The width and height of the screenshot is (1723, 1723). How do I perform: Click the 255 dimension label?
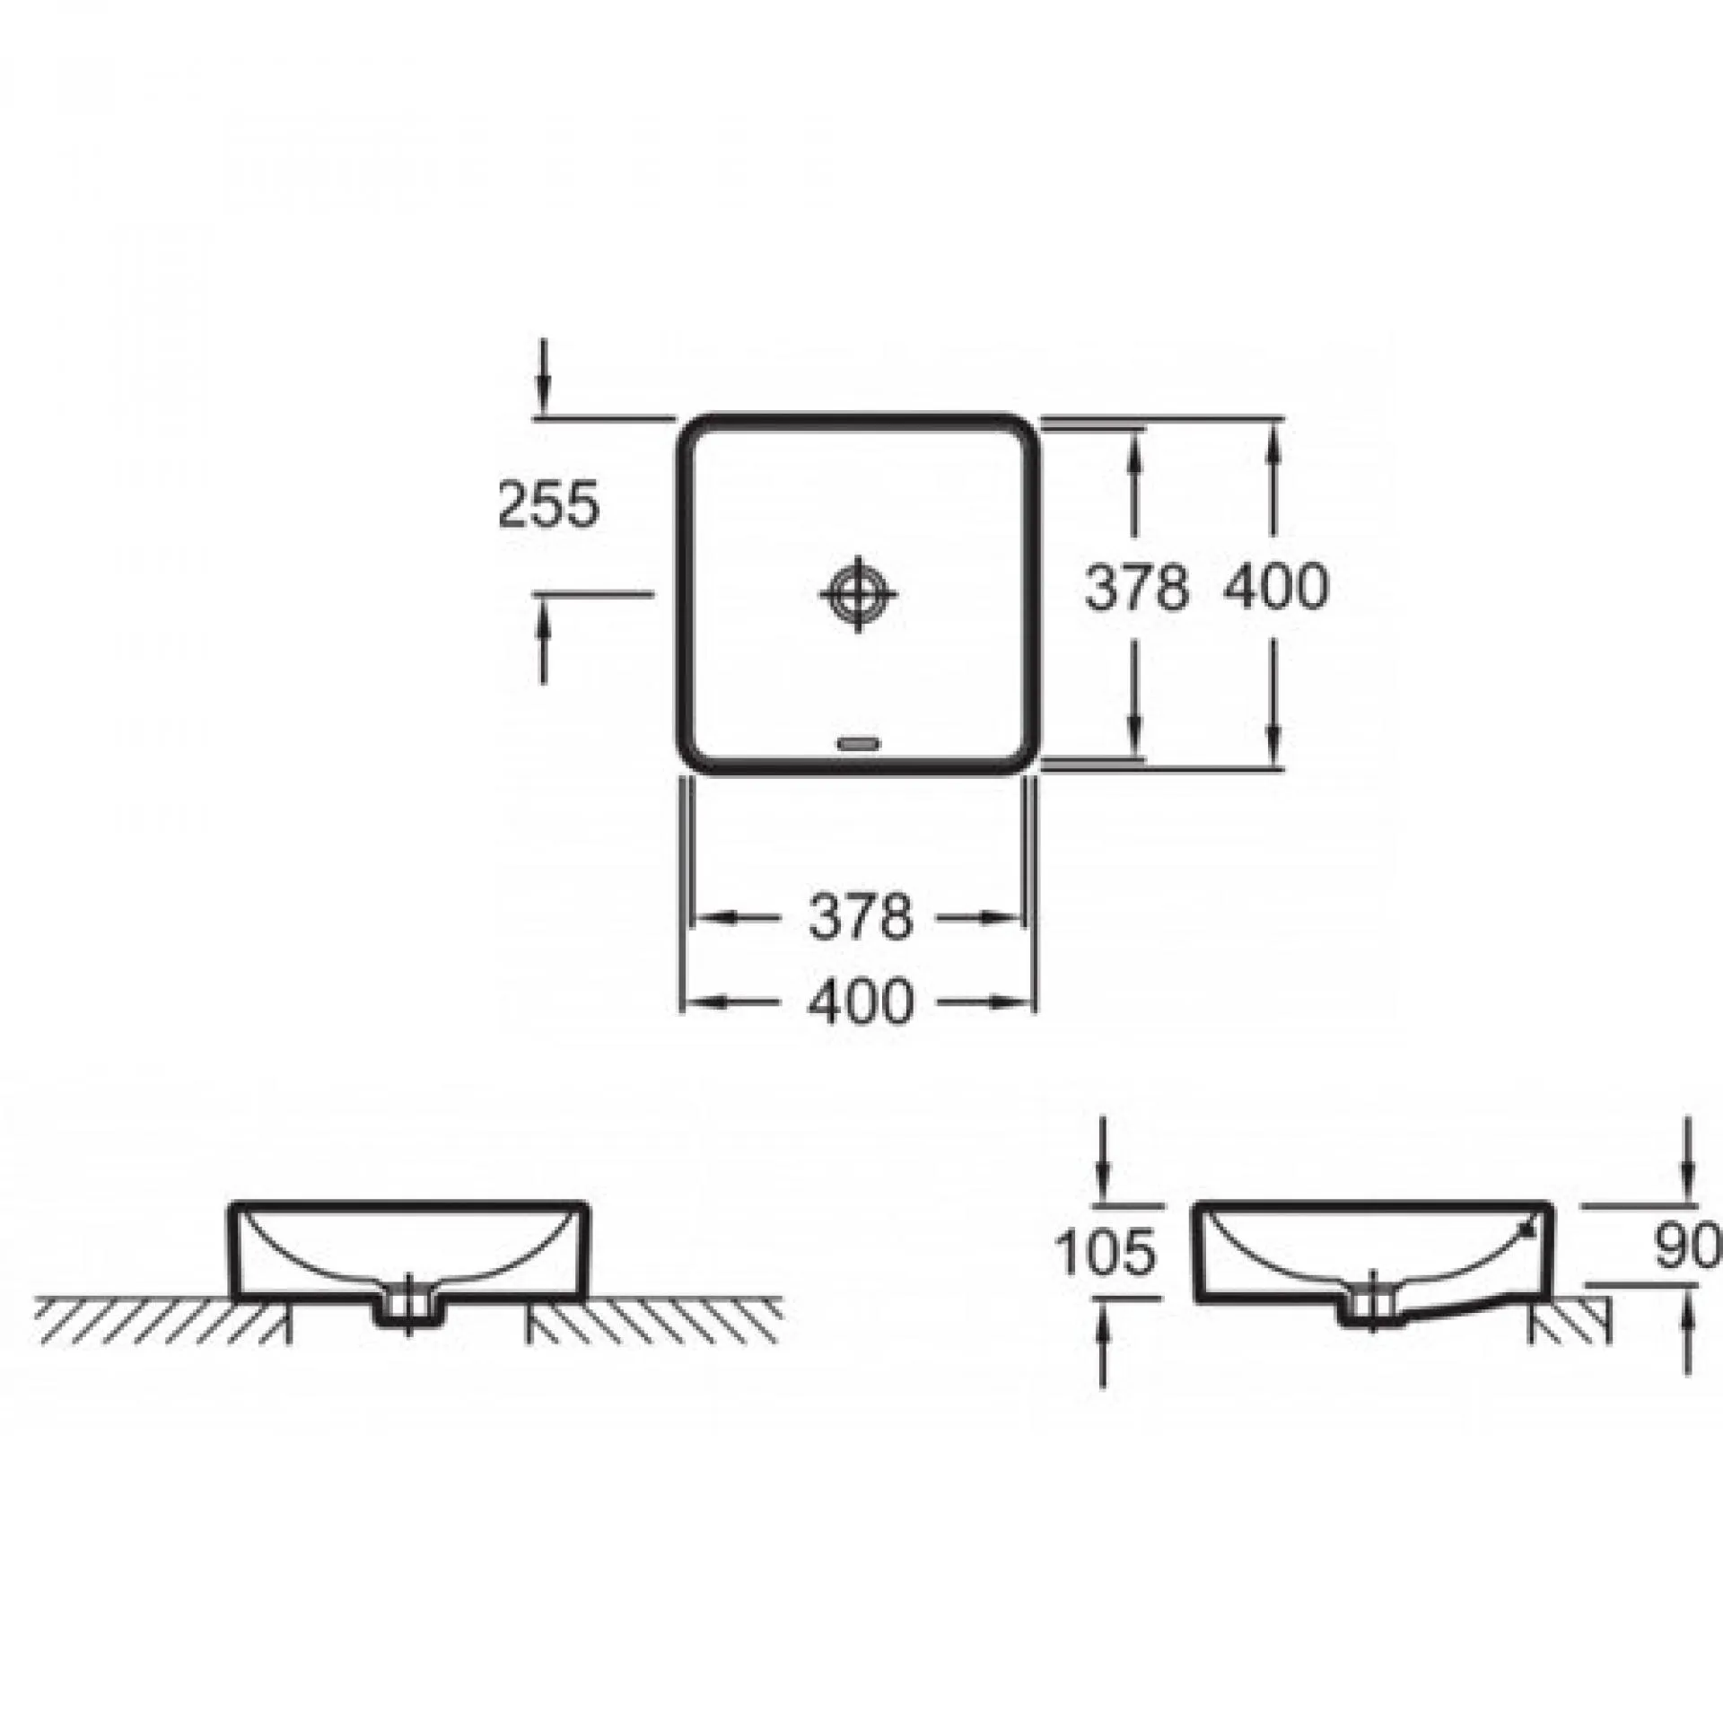click(547, 505)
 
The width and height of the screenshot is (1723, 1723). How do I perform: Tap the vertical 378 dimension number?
click(1137, 590)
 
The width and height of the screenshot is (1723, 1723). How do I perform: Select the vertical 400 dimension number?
click(1275, 590)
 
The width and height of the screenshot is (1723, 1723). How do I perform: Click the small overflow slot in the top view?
click(860, 743)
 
